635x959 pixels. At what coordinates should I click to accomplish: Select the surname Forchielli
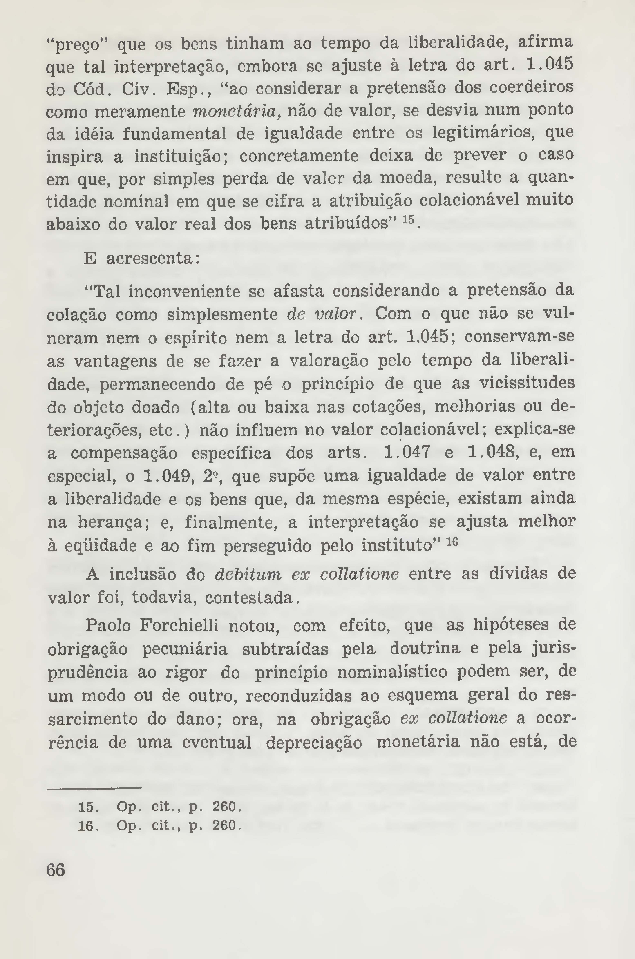click(179, 626)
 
